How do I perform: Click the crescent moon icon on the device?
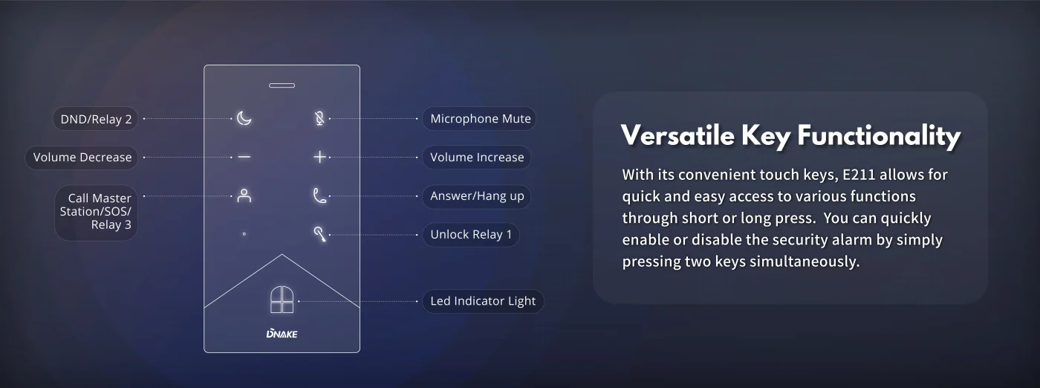point(244,118)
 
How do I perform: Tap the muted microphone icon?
point(319,118)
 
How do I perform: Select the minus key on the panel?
point(244,157)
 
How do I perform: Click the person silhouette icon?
point(244,195)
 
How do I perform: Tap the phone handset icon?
point(319,195)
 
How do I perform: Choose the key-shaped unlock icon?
point(320,234)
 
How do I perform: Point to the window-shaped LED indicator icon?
point(282,300)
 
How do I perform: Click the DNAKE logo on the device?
point(282,334)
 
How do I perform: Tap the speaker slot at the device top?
point(282,85)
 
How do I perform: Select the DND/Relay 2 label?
point(96,119)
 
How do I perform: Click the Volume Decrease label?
point(82,158)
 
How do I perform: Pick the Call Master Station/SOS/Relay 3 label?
point(96,212)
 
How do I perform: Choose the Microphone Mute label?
point(480,118)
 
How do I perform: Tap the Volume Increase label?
point(477,157)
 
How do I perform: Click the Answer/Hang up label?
point(477,196)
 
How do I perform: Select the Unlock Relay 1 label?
point(471,235)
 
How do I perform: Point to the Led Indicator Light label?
point(483,301)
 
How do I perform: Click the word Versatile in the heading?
point(677,135)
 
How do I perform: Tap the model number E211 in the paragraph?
point(859,175)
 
